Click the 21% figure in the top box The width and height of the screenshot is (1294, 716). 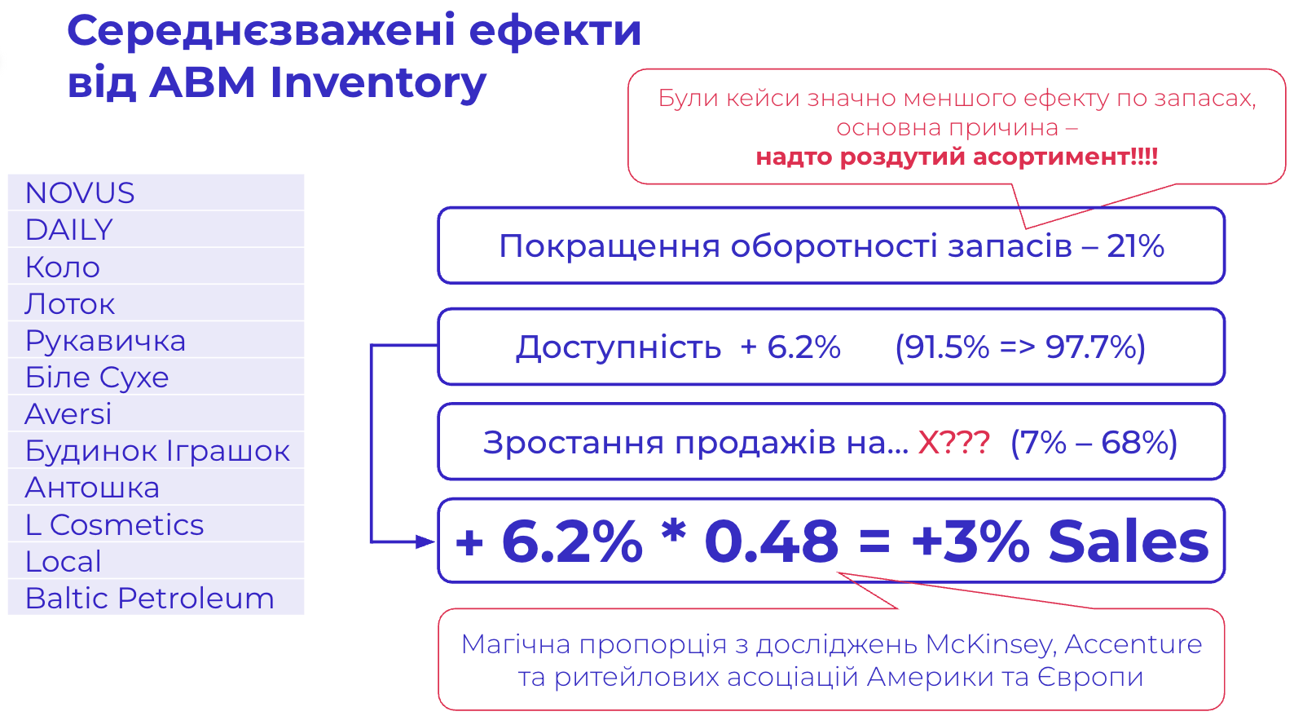tap(1135, 245)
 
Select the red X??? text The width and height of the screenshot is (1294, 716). tap(953, 443)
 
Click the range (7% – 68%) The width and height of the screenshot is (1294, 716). tap(1094, 443)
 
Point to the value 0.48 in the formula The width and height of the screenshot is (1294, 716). tap(771, 541)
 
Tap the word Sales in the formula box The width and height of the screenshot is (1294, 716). tap(1129, 541)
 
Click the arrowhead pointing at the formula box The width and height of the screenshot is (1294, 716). tap(425, 542)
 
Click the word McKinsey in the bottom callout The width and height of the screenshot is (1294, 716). tap(990, 644)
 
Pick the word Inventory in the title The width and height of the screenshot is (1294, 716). tap(378, 82)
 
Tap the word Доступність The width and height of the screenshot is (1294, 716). tap(618, 347)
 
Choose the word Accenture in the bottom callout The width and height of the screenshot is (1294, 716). tap(1133, 644)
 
